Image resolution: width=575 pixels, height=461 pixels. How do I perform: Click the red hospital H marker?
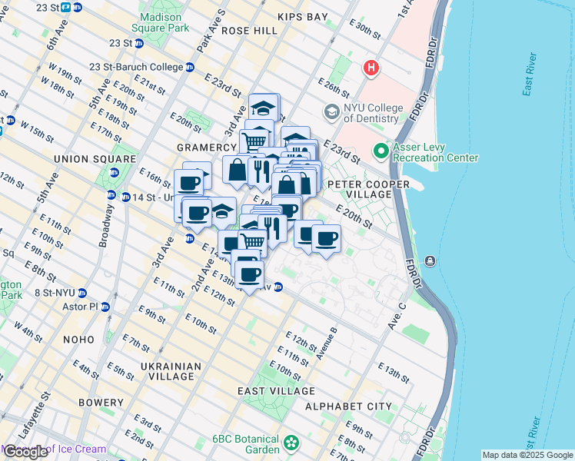click(371, 69)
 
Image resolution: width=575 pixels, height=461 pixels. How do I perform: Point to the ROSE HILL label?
click(249, 31)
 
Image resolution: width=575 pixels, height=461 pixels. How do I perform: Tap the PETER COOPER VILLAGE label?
click(360, 190)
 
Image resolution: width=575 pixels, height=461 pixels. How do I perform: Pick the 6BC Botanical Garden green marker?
click(291, 443)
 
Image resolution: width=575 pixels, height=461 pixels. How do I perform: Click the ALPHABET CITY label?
click(348, 406)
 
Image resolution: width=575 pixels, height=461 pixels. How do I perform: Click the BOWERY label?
click(101, 403)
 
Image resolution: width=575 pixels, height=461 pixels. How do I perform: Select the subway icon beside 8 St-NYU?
click(82, 293)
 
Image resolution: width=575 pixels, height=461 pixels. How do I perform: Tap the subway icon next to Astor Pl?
click(106, 307)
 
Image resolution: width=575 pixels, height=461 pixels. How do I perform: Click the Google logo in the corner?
click(26, 452)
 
